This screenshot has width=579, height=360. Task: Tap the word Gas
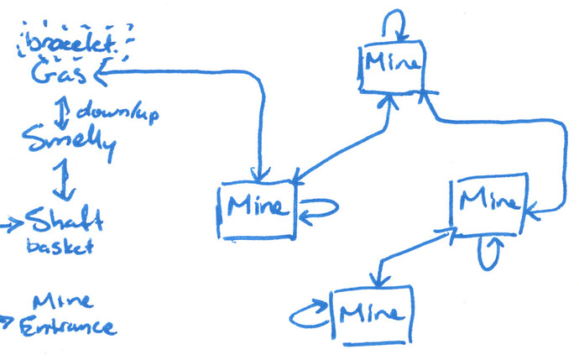59,76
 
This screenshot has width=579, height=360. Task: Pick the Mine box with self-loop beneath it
487,202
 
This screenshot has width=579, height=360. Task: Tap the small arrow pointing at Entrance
8,321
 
